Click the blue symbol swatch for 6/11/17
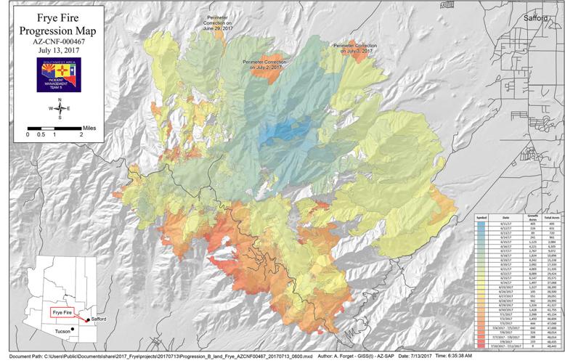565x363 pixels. coord(481,224)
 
